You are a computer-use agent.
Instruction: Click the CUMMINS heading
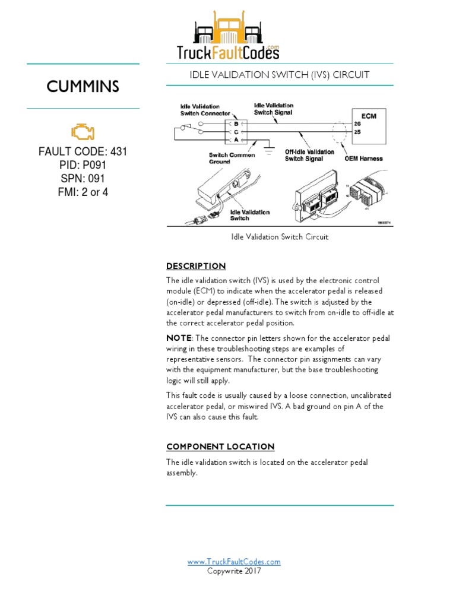(x=83, y=87)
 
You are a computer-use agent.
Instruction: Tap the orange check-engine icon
(x=83, y=132)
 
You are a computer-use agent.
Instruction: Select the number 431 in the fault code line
(x=118, y=152)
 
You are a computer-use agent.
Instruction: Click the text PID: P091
(x=83, y=165)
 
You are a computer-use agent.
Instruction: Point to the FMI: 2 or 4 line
(x=83, y=192)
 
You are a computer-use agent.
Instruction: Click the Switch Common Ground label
(x=232, y=158)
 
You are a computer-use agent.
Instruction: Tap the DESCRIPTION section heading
(x=196, y=266)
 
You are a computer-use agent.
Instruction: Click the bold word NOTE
(x=179, y=338)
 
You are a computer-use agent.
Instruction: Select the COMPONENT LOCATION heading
(x=220, y=446)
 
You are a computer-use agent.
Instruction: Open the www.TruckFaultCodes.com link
(x=234, y=562)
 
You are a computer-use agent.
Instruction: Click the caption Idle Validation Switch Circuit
(x=280, y=237)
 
